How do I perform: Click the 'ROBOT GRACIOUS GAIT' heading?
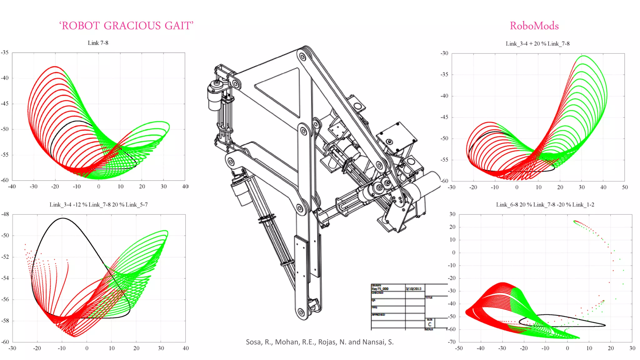coord(126,26)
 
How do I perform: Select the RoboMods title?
coord(534,26)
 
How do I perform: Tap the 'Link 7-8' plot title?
coord(98,43)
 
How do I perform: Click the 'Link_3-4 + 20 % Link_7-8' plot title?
coord(537,44)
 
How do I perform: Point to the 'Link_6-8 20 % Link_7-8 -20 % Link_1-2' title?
coord(545,205)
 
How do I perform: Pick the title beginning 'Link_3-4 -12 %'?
coord(98,205)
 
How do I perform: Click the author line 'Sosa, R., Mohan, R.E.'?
coord(319,342)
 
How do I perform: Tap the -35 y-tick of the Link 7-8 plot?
coord(5,52)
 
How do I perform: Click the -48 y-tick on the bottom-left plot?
coord(5,214)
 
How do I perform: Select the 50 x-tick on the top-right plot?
coord(625,187)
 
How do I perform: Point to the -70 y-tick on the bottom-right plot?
coord(452,342)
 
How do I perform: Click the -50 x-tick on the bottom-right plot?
coord(459,348)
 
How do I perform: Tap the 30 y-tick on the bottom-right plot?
coord(452,214)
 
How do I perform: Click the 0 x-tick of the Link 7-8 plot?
coord(98,187)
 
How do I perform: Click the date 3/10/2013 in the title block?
coord(414,289)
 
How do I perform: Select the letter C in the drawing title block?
coord(430,324)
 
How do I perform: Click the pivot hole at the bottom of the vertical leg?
coord(301,312)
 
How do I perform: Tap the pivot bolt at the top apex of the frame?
coord(302,57)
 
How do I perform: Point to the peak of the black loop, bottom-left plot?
coord(62,218)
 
